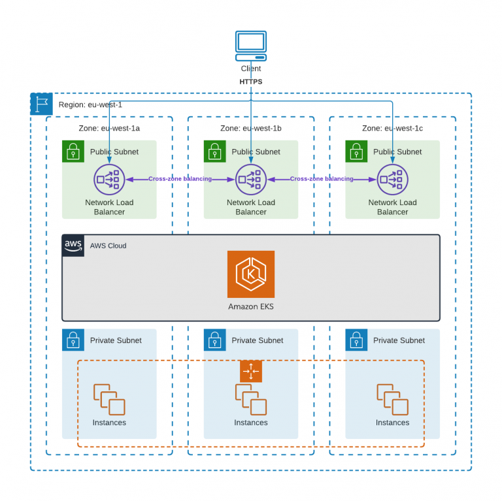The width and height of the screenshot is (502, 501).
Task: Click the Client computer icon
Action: (251, 46)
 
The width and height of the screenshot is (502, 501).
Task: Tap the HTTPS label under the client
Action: (251, 82)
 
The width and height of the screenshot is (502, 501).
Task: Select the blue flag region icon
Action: (41, 104)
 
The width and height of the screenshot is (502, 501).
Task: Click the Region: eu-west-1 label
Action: (90, 105)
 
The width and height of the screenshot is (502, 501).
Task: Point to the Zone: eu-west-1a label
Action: (109, 128)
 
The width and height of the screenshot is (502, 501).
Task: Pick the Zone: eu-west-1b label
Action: (251, 128)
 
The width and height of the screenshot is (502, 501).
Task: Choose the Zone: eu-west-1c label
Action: (392, 128)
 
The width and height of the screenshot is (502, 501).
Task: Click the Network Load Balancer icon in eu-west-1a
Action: (109, 180)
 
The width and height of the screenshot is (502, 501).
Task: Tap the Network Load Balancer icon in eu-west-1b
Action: (251, 180)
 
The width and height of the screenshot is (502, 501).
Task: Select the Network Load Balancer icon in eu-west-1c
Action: (392, 180)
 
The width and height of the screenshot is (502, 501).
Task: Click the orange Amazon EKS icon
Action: (251, 274)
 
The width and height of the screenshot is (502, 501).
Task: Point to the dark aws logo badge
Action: (73, 246)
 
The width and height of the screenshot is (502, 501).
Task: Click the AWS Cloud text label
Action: (108, 246)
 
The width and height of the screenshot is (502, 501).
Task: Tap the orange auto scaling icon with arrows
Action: (251, 371)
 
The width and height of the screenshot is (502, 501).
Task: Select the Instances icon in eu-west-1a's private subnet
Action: (109, 399)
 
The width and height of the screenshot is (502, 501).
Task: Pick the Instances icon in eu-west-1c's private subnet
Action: (392, 399)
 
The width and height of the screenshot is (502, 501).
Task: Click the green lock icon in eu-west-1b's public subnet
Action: (215, 152)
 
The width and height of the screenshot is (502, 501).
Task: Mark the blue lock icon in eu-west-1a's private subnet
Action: (73, 340)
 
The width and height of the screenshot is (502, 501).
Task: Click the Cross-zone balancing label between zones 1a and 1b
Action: (180, 179)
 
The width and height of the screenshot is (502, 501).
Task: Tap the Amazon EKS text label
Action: (251, 306)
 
